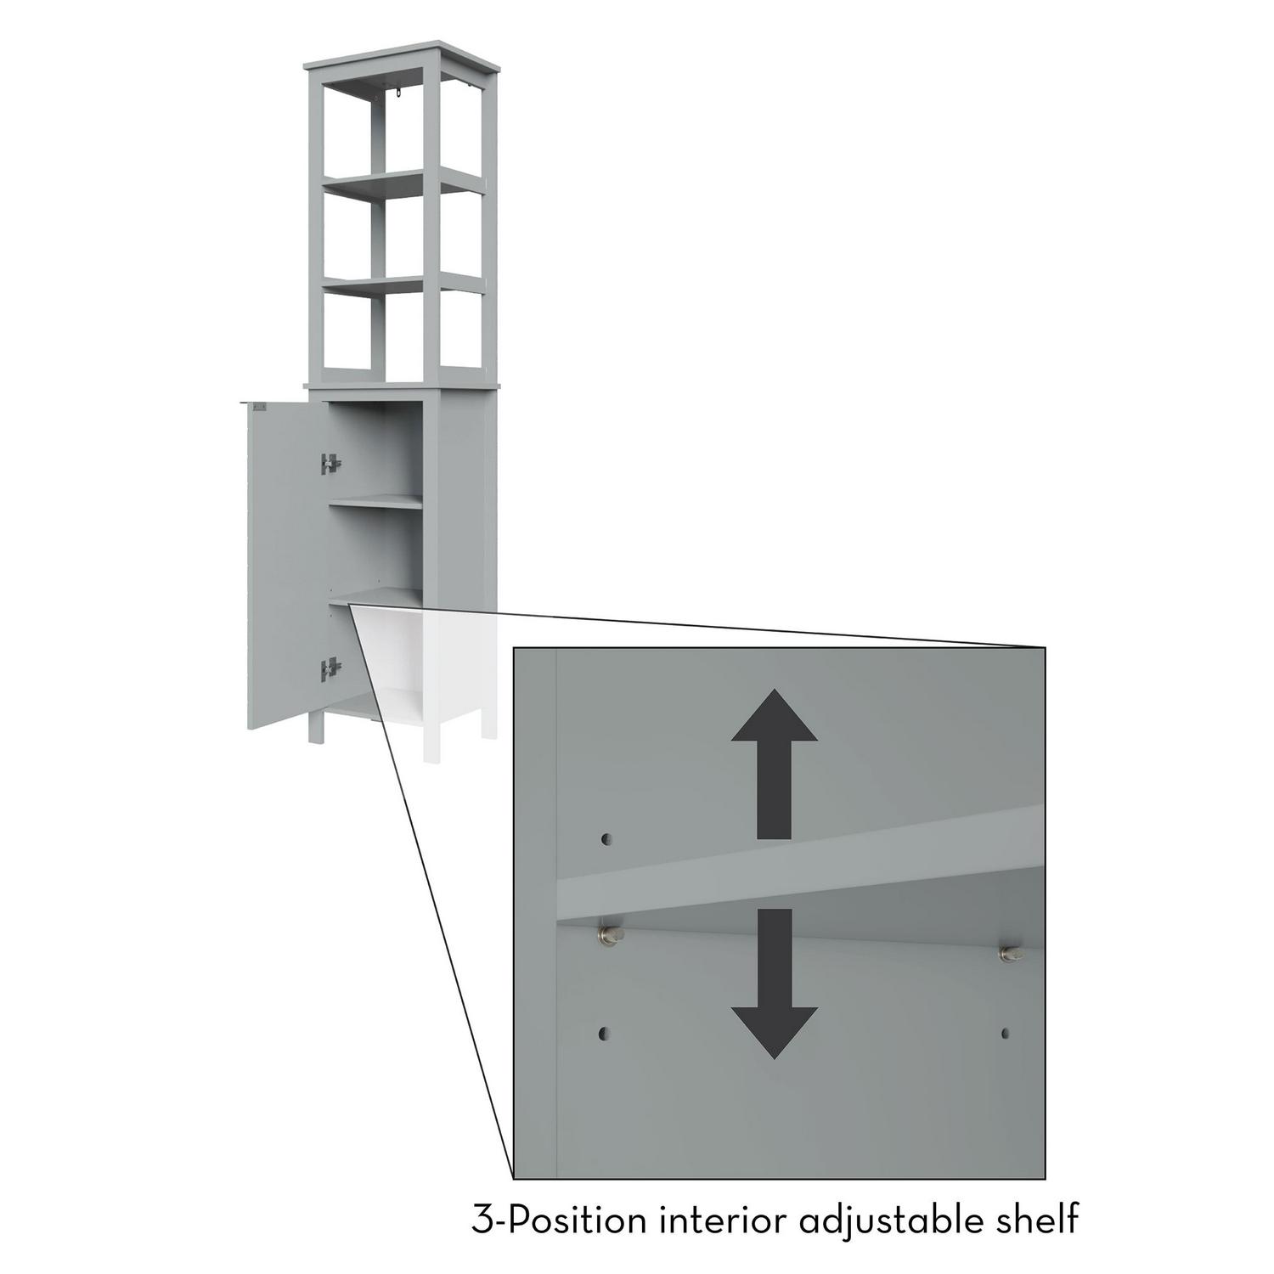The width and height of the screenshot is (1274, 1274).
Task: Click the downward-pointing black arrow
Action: click(x=775, y=984)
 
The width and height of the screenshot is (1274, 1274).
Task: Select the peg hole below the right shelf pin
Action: click(x=1006, y=1034)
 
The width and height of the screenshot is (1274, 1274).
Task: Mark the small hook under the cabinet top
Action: click(x=397, y=99)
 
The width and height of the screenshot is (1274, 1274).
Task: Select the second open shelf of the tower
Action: click(x=403, y=285)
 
